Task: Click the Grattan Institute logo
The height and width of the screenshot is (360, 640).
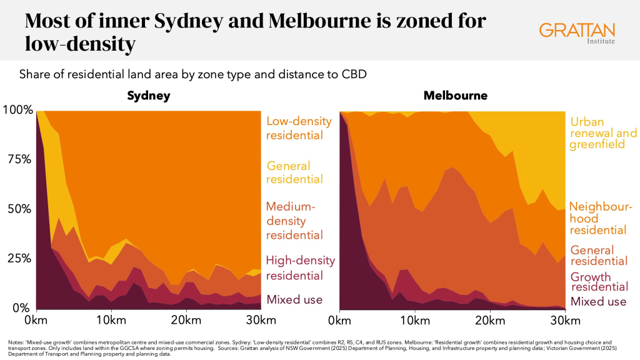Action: [x=576, y=33]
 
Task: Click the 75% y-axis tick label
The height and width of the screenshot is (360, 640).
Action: [x=19, y=159]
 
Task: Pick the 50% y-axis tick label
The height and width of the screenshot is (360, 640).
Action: [x=19, y=209]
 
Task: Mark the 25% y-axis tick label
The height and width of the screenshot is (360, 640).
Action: [x=19, y=258]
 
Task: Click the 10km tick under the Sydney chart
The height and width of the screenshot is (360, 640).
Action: [x=111, y=321]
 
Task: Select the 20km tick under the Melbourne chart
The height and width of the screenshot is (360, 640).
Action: [x=487, y=321]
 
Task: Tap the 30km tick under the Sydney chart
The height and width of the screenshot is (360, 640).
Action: [x=259, y=321]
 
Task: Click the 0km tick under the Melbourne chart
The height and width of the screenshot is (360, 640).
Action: [x=339, y=321]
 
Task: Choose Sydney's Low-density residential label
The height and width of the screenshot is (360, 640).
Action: [x=294, y=128]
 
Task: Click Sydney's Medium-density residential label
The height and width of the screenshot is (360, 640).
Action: [x=294, y=221]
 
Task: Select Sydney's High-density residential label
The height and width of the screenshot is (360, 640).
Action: [x=301, y=268]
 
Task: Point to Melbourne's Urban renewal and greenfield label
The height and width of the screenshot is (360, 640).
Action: [x=603, y=134]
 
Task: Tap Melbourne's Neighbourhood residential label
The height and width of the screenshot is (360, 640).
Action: [x=601, y=218]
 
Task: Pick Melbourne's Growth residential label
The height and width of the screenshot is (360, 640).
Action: [x=599, y=281]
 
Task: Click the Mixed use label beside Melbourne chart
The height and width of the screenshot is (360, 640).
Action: [x=597, y=302]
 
